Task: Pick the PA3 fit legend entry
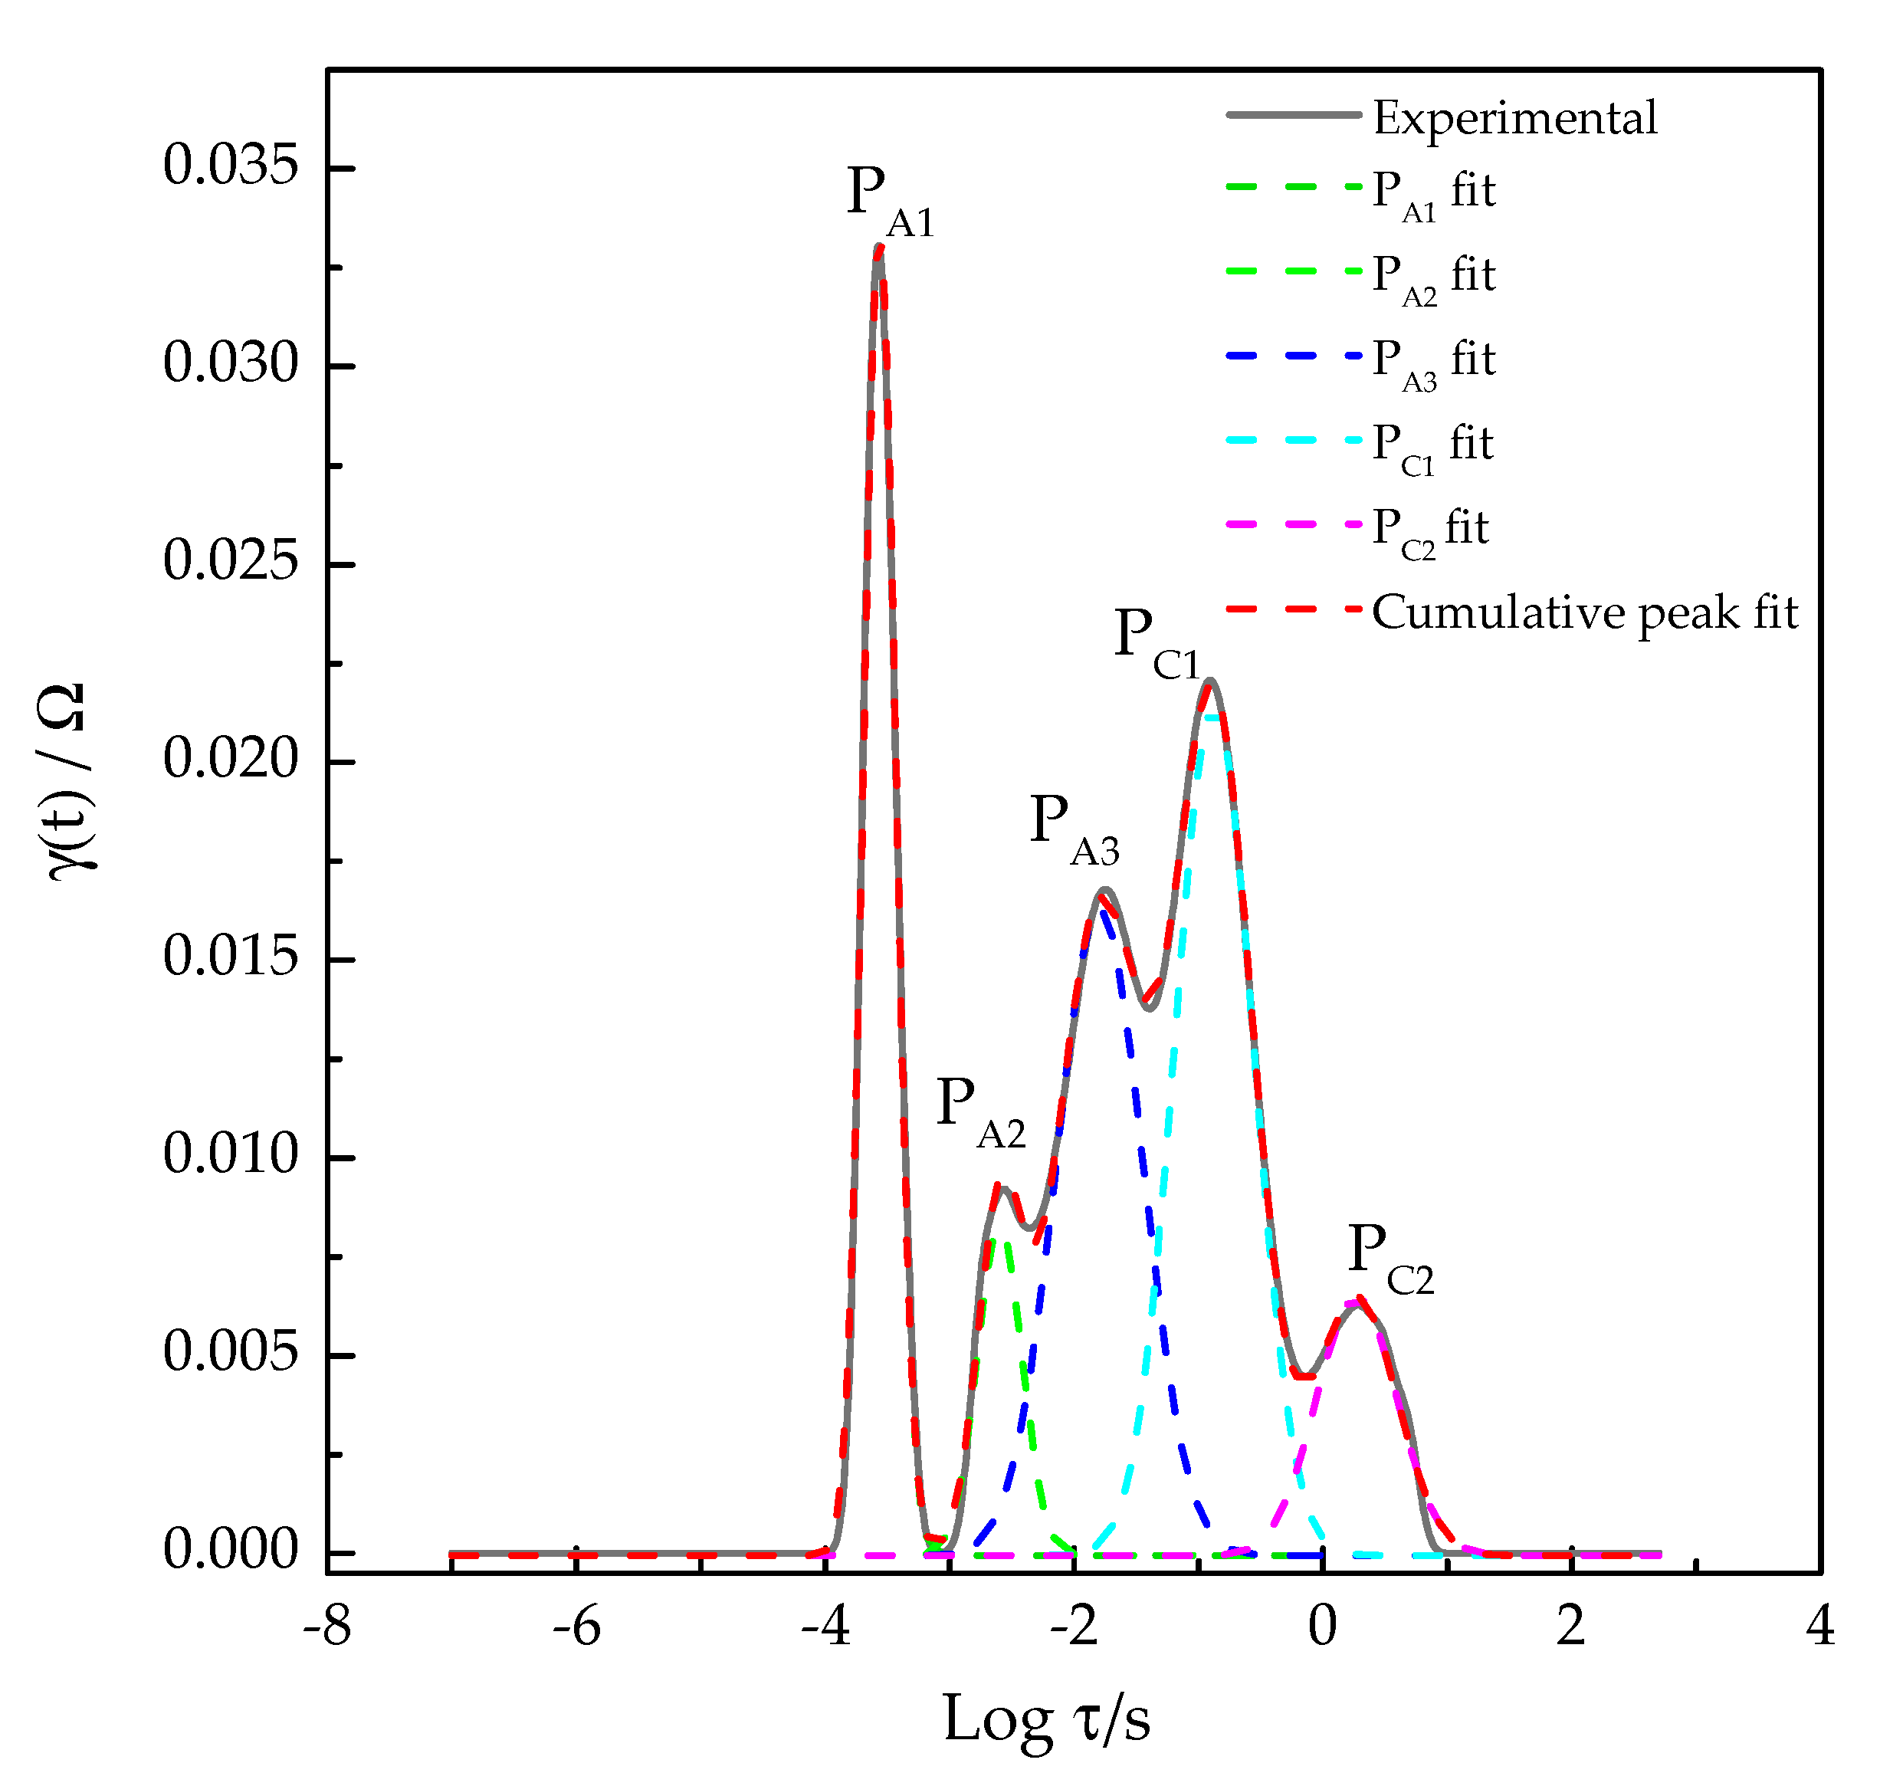1432,362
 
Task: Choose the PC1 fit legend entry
1432,445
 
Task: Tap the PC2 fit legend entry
1430,530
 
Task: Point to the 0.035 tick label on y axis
231,166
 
